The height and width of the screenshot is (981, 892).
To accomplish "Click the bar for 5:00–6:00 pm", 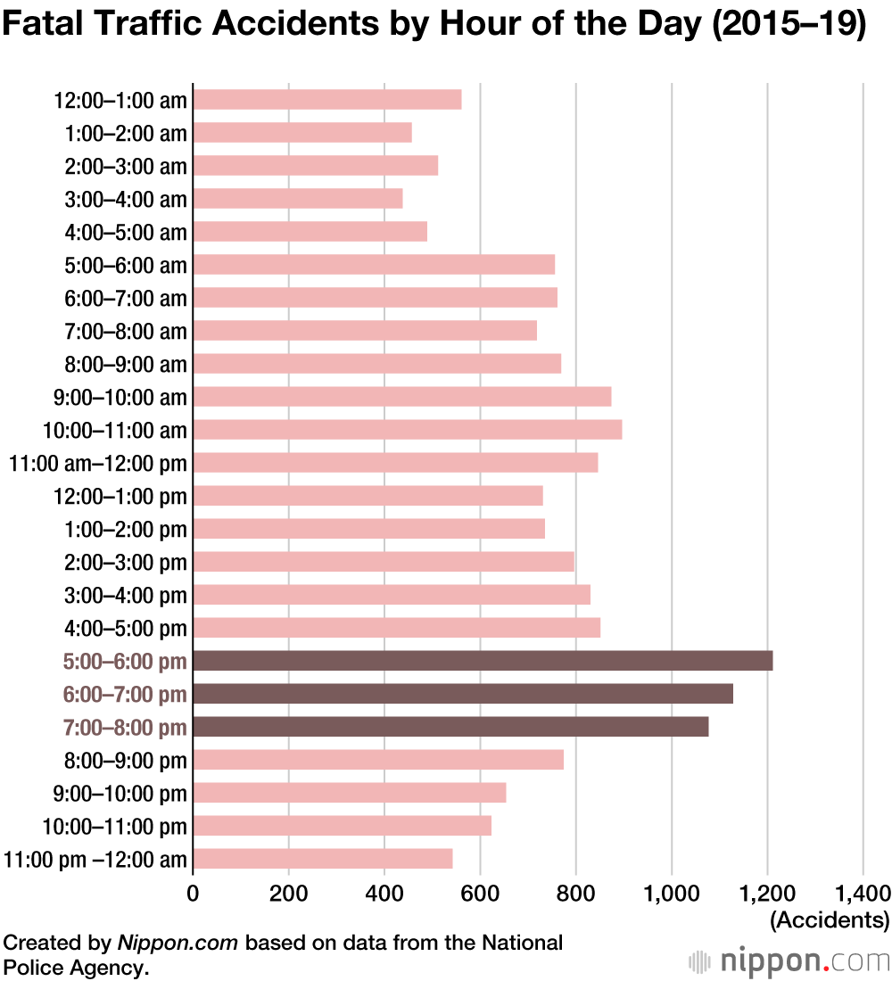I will click(482, 661).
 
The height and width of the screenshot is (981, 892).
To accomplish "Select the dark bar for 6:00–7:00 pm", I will click(462, 694).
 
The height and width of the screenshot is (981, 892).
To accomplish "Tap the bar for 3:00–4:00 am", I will click(297, 198).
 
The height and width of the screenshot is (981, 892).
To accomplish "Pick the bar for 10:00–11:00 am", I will click(407, 430).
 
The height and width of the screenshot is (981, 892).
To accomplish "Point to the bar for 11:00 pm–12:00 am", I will click(322, 859).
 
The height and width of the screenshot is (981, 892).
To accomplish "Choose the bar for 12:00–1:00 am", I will click(326, 99).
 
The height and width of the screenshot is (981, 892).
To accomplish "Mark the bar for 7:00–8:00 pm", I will click(450, 727).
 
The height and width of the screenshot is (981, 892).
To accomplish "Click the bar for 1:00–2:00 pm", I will click(368, 529).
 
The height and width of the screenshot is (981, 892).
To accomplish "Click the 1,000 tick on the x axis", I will click(672, 893).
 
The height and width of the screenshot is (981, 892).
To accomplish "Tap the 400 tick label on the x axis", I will click(384, 893).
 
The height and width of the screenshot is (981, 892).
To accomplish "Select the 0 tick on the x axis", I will click(193, 893).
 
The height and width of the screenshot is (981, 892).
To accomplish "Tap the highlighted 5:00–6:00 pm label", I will click(125, 662).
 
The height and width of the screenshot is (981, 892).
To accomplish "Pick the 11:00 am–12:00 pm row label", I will click(98, 463).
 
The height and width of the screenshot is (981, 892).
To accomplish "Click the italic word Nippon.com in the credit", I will click(177, 943).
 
